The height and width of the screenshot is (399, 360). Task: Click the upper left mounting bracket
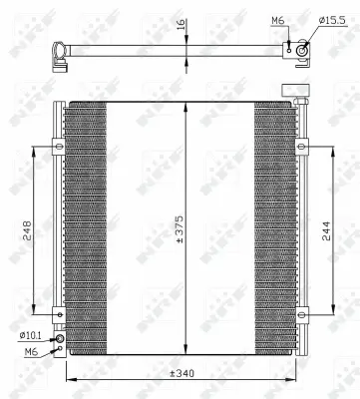(x=59, y=148)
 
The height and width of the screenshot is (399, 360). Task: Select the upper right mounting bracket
(x=305, y=152)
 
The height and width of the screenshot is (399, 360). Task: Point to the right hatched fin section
(x=273, y=228)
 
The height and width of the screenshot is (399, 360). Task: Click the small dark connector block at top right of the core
(x=296, y=91)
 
